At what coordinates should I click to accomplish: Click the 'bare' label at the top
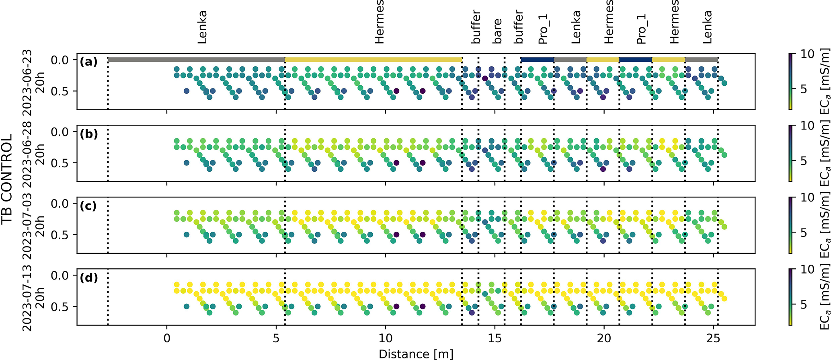[497, 31]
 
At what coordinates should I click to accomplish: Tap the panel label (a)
[89, 62]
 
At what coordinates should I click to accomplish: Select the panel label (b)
[89, 134]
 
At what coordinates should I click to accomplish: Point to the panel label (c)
[89, 206]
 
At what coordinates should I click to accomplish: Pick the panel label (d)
[89, 278]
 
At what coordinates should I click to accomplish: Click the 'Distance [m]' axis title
[416, 354]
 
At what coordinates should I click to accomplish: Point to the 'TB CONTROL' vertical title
[7, 179]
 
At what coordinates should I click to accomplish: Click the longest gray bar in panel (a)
[196, 60]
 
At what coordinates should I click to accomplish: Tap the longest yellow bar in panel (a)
[373, 60]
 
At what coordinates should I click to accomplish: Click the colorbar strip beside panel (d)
[790, 297]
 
